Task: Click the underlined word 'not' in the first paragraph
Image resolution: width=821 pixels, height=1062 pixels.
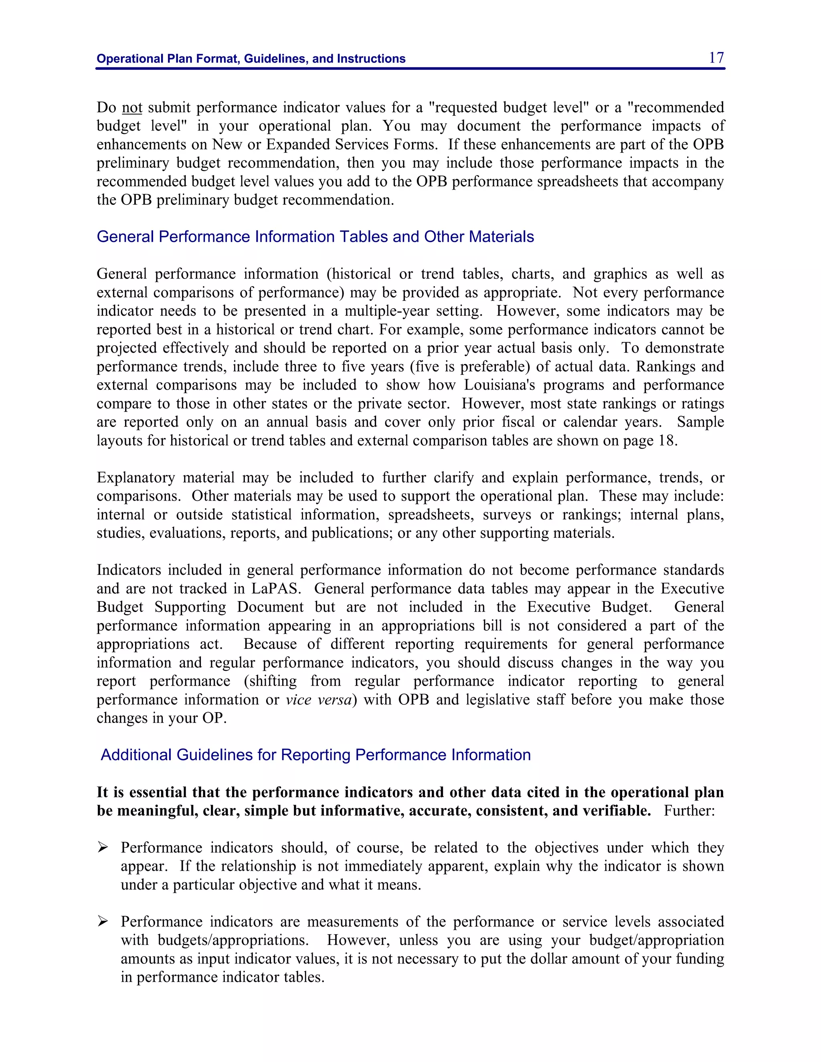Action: coord(132,107)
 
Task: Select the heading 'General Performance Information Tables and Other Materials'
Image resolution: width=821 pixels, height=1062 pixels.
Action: coord(315,237)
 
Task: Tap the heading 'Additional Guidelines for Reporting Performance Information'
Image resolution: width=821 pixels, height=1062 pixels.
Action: coord(315,755)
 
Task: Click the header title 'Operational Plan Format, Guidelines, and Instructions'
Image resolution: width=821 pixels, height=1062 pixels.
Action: coord(251,59)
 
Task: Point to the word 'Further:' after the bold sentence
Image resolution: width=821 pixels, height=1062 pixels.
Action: coord(689,811)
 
